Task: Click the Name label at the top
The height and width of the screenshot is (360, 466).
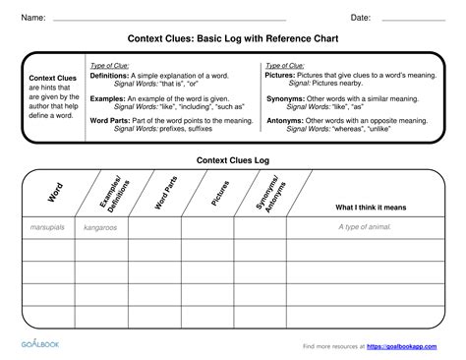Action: point(33,18)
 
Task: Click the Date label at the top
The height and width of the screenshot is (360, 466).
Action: point(360,18)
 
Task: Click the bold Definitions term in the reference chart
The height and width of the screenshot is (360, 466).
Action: point(108,75)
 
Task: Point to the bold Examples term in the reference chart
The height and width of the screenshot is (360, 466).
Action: point(107,97)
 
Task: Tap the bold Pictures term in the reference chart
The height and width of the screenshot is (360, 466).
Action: point(282,75)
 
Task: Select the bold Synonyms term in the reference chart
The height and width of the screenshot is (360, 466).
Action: point(286,97)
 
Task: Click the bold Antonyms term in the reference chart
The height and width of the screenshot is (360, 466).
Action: point(285,120)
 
